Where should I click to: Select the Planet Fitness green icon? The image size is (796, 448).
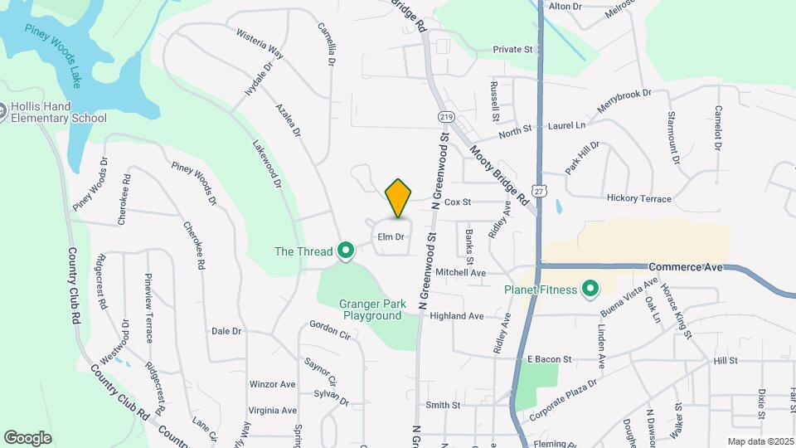click(x=590, y=290)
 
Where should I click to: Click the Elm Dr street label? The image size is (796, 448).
click(x=391, y=237)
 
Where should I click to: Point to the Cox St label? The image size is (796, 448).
click(x=458, y=202)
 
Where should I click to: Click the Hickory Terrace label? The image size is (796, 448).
click(x=639, y=198)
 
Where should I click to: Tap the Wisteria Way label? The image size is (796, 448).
click(x=260, y=46)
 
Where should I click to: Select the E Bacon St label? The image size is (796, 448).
click(x=550, y=359)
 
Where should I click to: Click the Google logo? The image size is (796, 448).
click(x=27, y=437)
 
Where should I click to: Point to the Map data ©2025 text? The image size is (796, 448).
click(x=760, y=441)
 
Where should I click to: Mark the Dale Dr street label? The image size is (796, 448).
click(x=226, y=330)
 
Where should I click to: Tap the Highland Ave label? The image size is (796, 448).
click(x=456, y=316)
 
